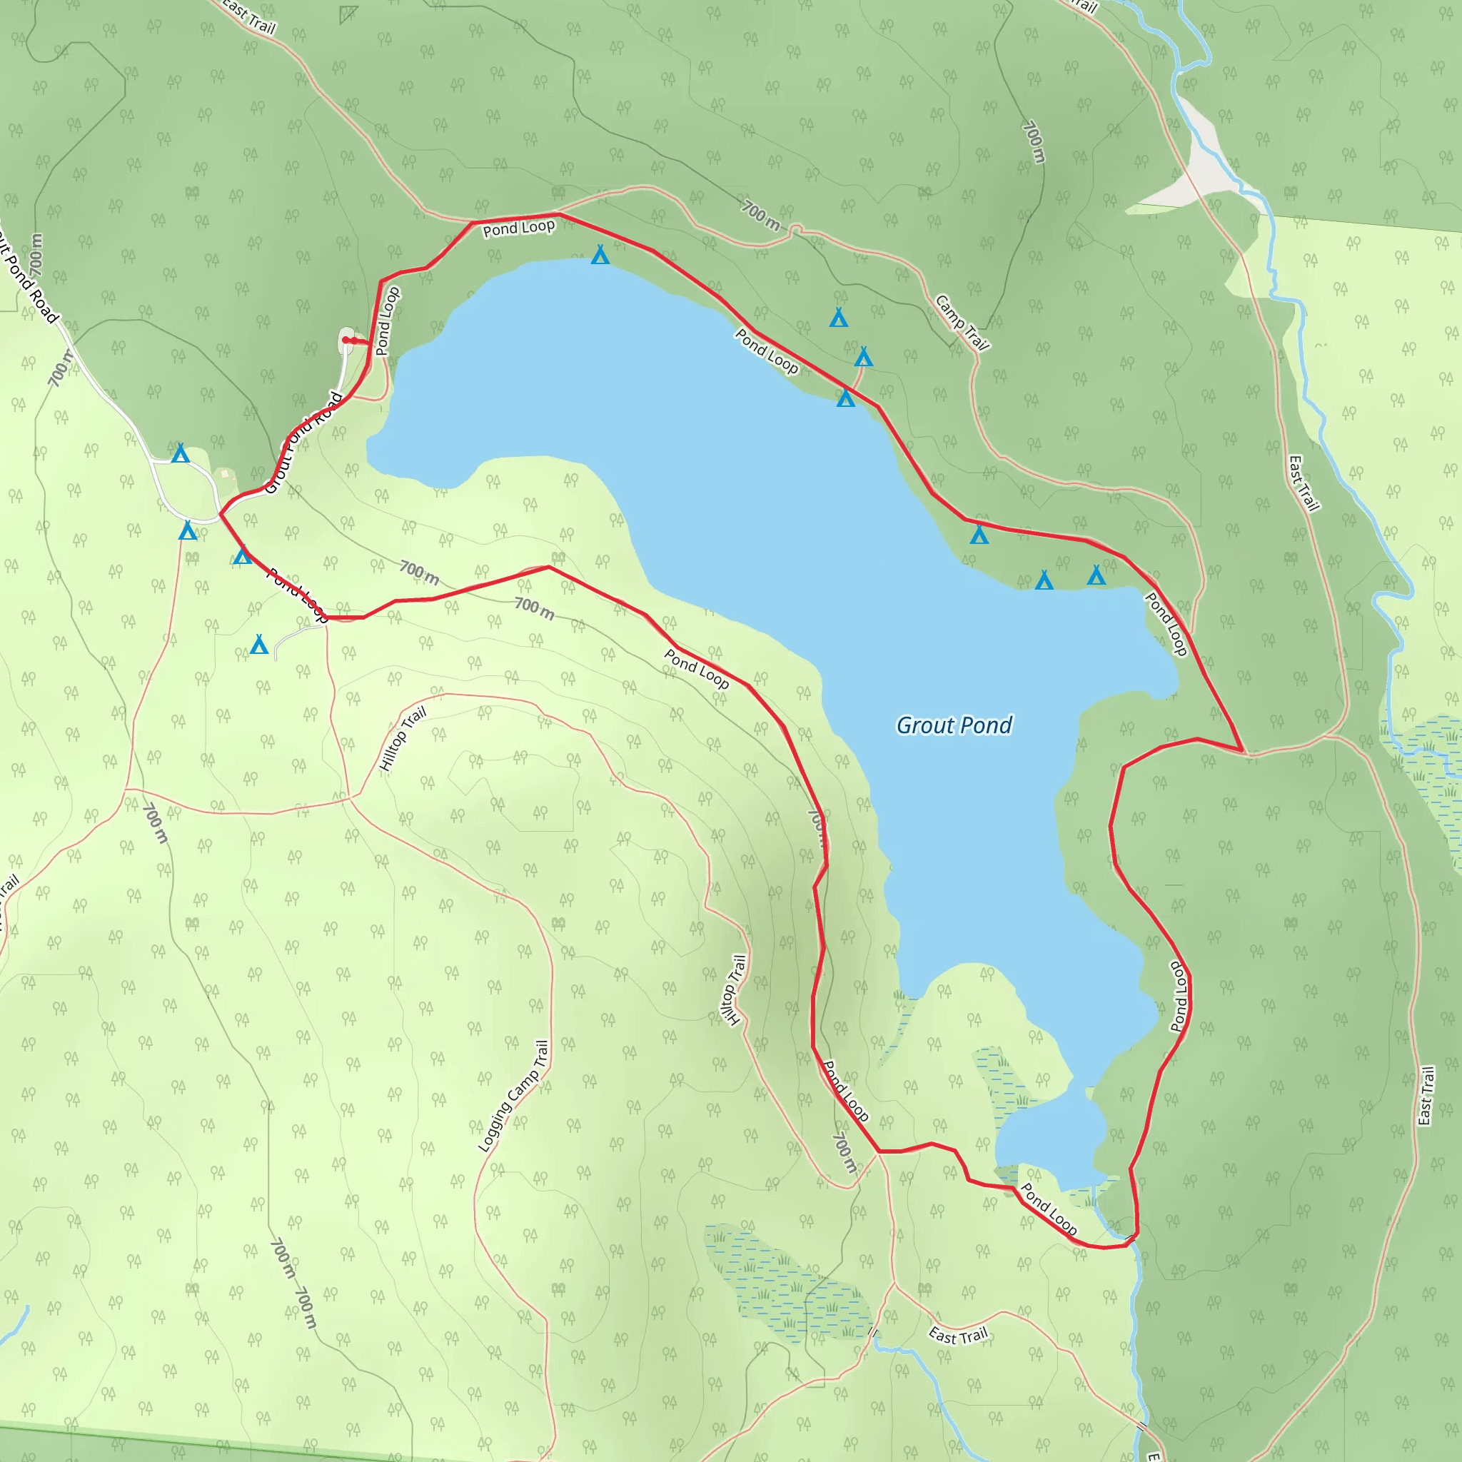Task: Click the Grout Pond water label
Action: click(x=954, y=725)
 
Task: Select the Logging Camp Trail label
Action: click(x=513, y=1096)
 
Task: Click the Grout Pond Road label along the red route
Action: click(x=303, y=443)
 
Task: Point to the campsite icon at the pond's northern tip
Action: click(x=600, y=255)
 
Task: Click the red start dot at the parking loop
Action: click(x=346, y=340)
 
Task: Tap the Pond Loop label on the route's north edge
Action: click(x=518, y=228)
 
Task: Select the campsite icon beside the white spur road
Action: click(x=259, y=645)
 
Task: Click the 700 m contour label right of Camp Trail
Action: click(x=1033, y=141)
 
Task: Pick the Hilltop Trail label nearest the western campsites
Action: click(x=403, y=739)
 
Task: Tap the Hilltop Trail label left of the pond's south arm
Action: click(x=732, y=990)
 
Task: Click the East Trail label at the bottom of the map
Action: click(x=958, y=1336)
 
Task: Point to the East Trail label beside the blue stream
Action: click(x=1303, y=483)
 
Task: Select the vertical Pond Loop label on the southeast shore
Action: click(x=1178, y=996)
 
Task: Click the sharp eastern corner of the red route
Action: click(x=1243, y=750)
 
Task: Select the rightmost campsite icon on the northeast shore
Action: click(x=1096, y=576)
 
